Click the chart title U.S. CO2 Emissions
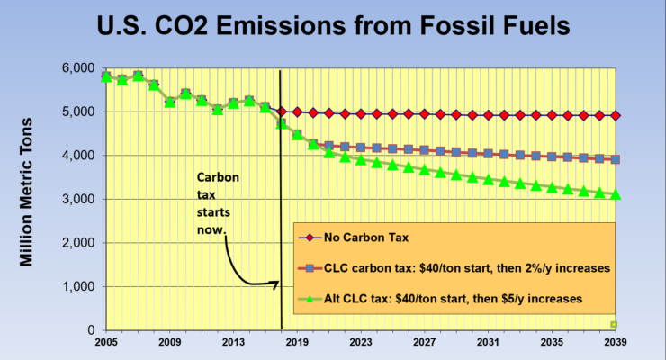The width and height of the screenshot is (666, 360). (x=333, y=27)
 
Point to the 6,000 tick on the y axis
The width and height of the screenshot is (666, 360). (x=76, y=68)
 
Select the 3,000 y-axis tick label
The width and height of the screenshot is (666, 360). (x=76, y=199)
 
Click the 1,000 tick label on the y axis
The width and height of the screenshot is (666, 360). (x=76, y=286)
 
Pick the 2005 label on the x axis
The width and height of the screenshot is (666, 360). (x=106, y=343)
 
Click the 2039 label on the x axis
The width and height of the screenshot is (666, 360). (x=615, y=343)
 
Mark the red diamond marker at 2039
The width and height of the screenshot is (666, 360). (x=615, y=115)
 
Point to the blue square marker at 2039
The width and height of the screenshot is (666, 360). (x=615, y=159)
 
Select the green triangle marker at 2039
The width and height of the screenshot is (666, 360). (x=615, y=193)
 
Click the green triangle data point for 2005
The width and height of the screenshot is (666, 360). (x=106, y=76)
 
